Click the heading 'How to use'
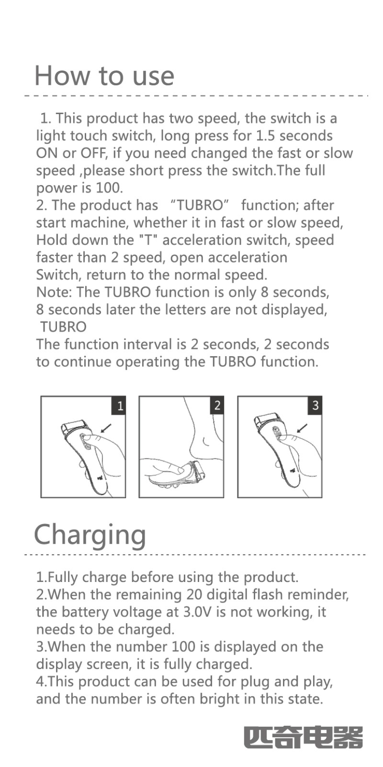click(105, 76)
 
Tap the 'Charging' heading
click(90, 535)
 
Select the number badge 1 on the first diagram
click(119, 406)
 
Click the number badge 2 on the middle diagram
click(217, 406)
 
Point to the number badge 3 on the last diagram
click(315, 406)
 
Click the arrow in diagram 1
click(106, 429)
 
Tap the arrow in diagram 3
click(302, 429)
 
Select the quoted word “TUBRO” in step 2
click(199, 206)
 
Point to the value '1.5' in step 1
click(265, 136)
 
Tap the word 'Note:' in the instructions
click(54, 292)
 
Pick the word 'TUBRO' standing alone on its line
click(64, 327)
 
